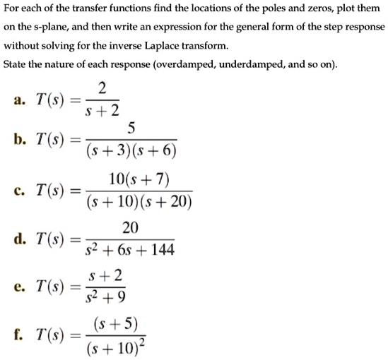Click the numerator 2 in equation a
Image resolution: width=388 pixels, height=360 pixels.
pos(102,88)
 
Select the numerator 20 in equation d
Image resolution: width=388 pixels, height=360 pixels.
pos(131,227)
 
